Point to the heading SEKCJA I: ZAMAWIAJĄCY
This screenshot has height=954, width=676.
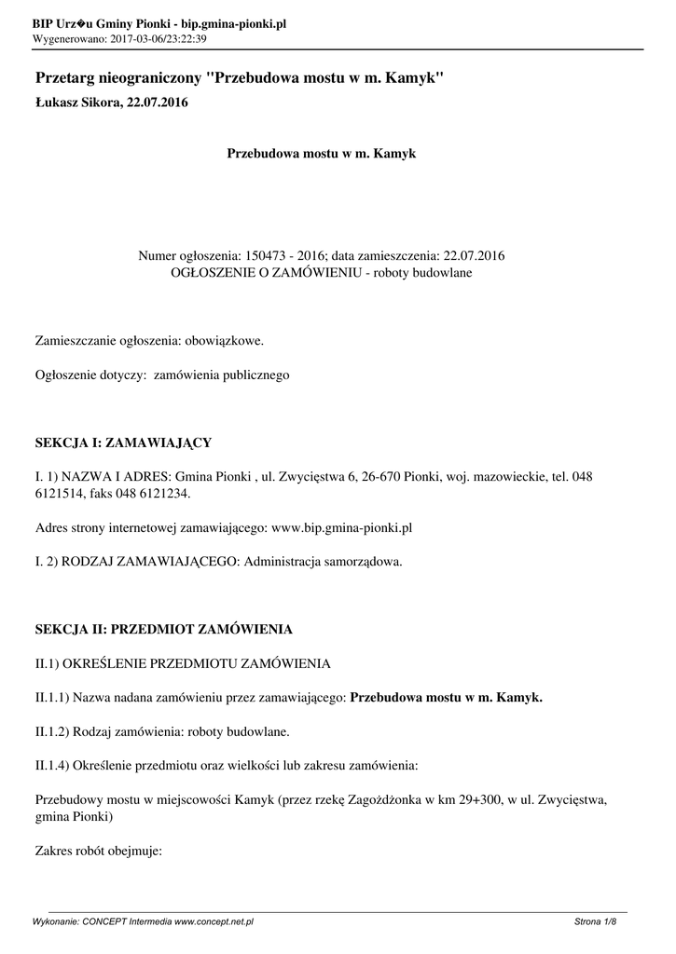click(123, 441)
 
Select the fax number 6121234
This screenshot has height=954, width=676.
click(168, 493)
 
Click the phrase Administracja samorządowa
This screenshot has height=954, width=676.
click(323, 562)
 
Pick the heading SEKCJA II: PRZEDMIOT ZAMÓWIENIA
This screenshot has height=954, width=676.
click(163, 629)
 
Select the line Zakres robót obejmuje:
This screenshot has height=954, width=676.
click(99, 850)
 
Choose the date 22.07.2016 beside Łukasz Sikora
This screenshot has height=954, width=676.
click(157, 102)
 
